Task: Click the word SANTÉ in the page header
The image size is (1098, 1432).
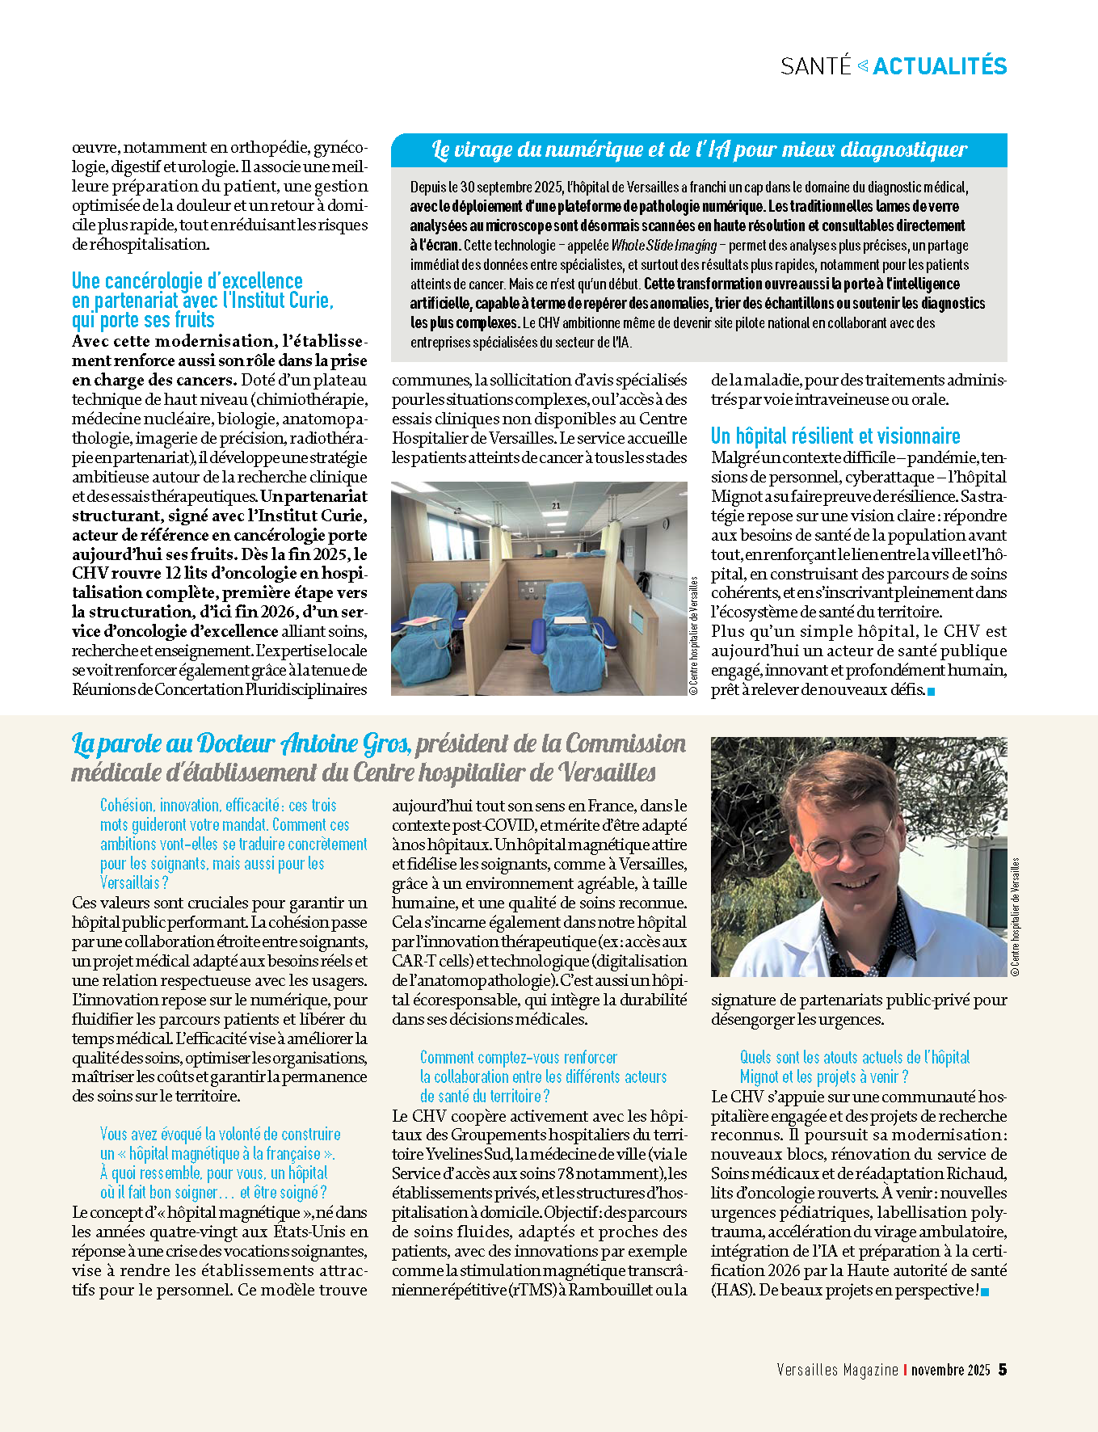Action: pos(816,66)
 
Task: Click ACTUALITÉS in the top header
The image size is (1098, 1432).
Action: pos(940,66)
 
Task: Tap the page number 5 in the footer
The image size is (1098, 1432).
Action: pos(1003,1370)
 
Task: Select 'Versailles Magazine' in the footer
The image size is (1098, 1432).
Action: pos(837,1370)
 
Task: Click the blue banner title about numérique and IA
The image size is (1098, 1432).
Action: pos(699,150)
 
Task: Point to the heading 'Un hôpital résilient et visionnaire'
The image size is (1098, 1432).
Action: pos(835,436)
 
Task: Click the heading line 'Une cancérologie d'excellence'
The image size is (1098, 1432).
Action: pos(187,281)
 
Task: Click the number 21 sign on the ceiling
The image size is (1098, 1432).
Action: pos(556,506)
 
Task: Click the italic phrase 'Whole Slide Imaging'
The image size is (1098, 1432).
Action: pos(663,246)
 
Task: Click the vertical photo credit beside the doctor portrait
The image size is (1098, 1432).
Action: pos(1016,916)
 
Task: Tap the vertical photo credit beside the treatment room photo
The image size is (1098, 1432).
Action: pos(694,636)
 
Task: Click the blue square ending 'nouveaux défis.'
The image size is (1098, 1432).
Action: pos(932,691)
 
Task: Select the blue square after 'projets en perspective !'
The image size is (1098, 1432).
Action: pos(985,1291)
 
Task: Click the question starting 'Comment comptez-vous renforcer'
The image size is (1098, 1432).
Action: pos(518,1058)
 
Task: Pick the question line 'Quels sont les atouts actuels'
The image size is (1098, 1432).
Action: pos(855,1058)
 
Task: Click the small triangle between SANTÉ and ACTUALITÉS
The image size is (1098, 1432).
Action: pos(862,65)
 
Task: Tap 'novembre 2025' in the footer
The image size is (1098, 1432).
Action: pos(950,1370)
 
